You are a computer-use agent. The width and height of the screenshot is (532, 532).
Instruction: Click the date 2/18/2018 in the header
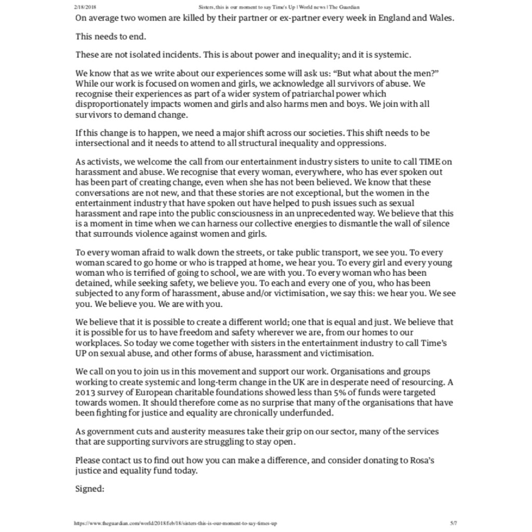point(86,7)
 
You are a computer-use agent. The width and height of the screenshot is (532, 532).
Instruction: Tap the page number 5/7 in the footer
point(453,523)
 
